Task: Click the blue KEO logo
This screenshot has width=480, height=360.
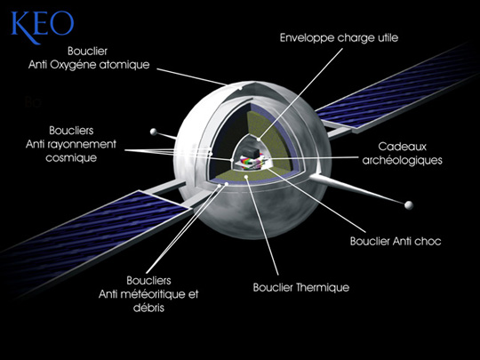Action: [43, 27]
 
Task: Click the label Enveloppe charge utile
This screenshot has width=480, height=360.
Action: [339, 38]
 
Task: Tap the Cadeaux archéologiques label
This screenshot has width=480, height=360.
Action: [403, 154]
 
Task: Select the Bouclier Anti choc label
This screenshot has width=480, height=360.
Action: [396, 241]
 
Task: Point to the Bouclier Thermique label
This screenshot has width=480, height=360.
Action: [301, 288]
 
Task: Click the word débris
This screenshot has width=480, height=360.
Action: [148, 308]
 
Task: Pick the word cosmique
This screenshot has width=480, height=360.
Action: [71, 158]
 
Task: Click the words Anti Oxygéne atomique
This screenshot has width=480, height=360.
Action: [89, 65]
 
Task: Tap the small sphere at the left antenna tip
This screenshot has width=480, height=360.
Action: [154, 132]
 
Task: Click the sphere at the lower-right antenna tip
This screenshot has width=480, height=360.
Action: [409, 205]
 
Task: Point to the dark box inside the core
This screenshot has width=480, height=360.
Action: [249, 151]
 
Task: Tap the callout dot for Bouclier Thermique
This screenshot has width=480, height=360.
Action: [246, 177]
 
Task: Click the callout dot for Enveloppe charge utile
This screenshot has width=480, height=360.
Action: [259, 140]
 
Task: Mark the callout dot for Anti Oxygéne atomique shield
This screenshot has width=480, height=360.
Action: [241, 89]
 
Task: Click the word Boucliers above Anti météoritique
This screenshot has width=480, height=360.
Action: [148, 280]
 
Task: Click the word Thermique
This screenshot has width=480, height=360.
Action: [323, 288]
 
